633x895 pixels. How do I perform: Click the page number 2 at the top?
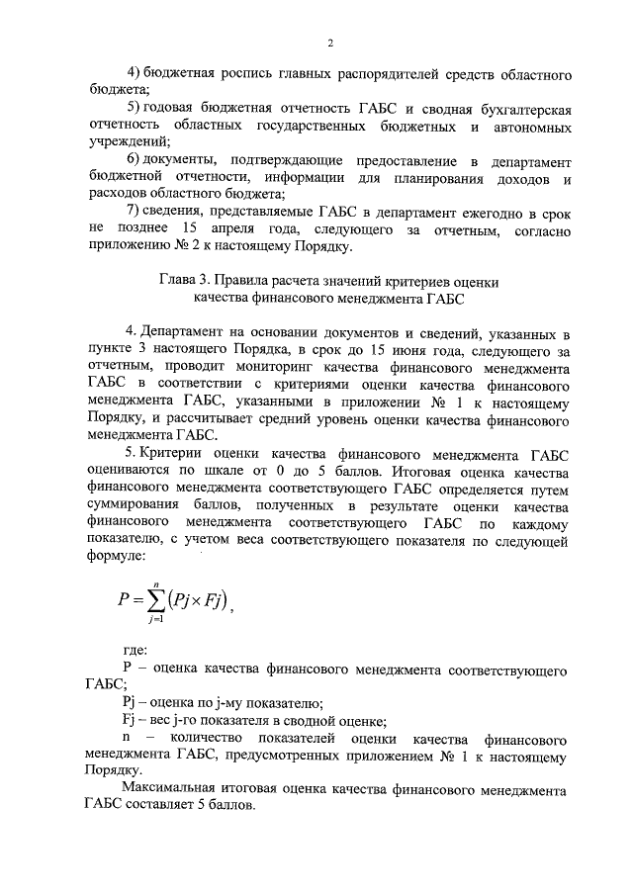pyautogui.click(x=329, y=43)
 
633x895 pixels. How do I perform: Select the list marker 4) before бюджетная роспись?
pyautogui.click(x=136, y=75)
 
